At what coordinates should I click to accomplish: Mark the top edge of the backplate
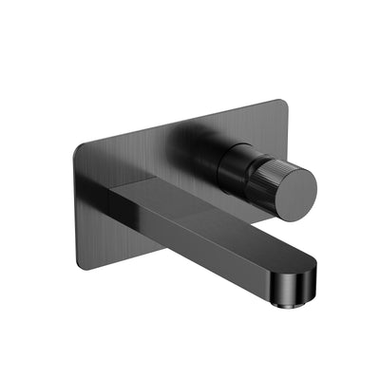click(x=180, y=123)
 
